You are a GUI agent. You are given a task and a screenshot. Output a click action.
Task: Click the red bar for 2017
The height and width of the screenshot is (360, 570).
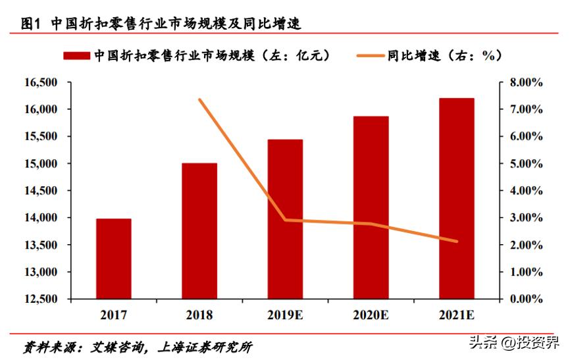coord(114,259)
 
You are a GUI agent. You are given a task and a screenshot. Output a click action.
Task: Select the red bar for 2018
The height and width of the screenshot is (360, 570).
coord(199,231)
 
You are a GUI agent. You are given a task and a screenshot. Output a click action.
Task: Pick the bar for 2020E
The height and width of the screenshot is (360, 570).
coord(371,207)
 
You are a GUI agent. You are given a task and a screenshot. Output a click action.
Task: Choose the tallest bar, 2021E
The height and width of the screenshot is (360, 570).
coord(456,198)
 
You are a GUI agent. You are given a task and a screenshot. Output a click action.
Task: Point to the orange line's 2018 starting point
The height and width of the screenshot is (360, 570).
coord(199,99)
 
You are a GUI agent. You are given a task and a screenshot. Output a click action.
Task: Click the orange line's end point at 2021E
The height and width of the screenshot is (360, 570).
coord(456,242)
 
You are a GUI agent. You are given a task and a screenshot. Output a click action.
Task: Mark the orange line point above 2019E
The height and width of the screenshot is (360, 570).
coord(285,220)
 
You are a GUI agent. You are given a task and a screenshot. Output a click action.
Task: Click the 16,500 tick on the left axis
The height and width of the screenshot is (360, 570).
coord(40,82)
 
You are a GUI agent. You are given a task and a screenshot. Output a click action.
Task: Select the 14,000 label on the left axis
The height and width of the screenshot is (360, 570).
coord(40,218)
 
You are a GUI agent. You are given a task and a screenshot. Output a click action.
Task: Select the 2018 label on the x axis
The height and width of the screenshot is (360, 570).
coord(199,315)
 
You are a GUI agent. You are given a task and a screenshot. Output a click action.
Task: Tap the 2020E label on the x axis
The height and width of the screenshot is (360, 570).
coord(371,315)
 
